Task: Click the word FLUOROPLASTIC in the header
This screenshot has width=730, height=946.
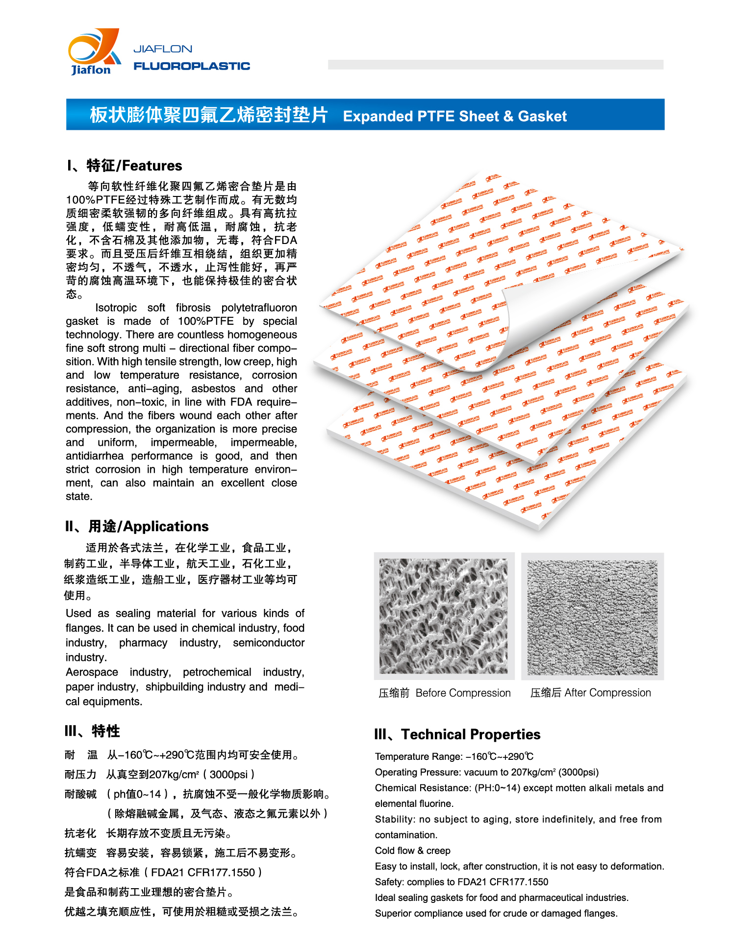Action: tap(192, 66)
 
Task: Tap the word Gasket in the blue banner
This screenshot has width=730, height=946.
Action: tap(542, 116)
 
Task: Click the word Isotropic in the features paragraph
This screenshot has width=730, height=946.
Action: tap(116, 308)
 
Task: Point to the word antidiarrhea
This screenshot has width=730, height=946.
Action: tap(95, 456)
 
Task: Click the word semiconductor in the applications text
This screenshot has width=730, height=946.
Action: tap(269, 643)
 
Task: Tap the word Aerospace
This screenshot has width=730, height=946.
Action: tap(92, 672)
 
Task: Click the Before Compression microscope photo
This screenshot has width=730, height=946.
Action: tap(444, 616)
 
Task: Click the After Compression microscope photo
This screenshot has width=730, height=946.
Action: tap(592, 617)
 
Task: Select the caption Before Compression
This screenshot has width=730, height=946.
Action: tap(463, 693)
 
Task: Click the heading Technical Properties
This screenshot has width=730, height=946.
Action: tap(471, 734)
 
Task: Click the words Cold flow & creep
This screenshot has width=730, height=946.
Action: tap(412, 850)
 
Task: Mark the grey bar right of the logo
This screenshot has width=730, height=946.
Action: tap(495, 65)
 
